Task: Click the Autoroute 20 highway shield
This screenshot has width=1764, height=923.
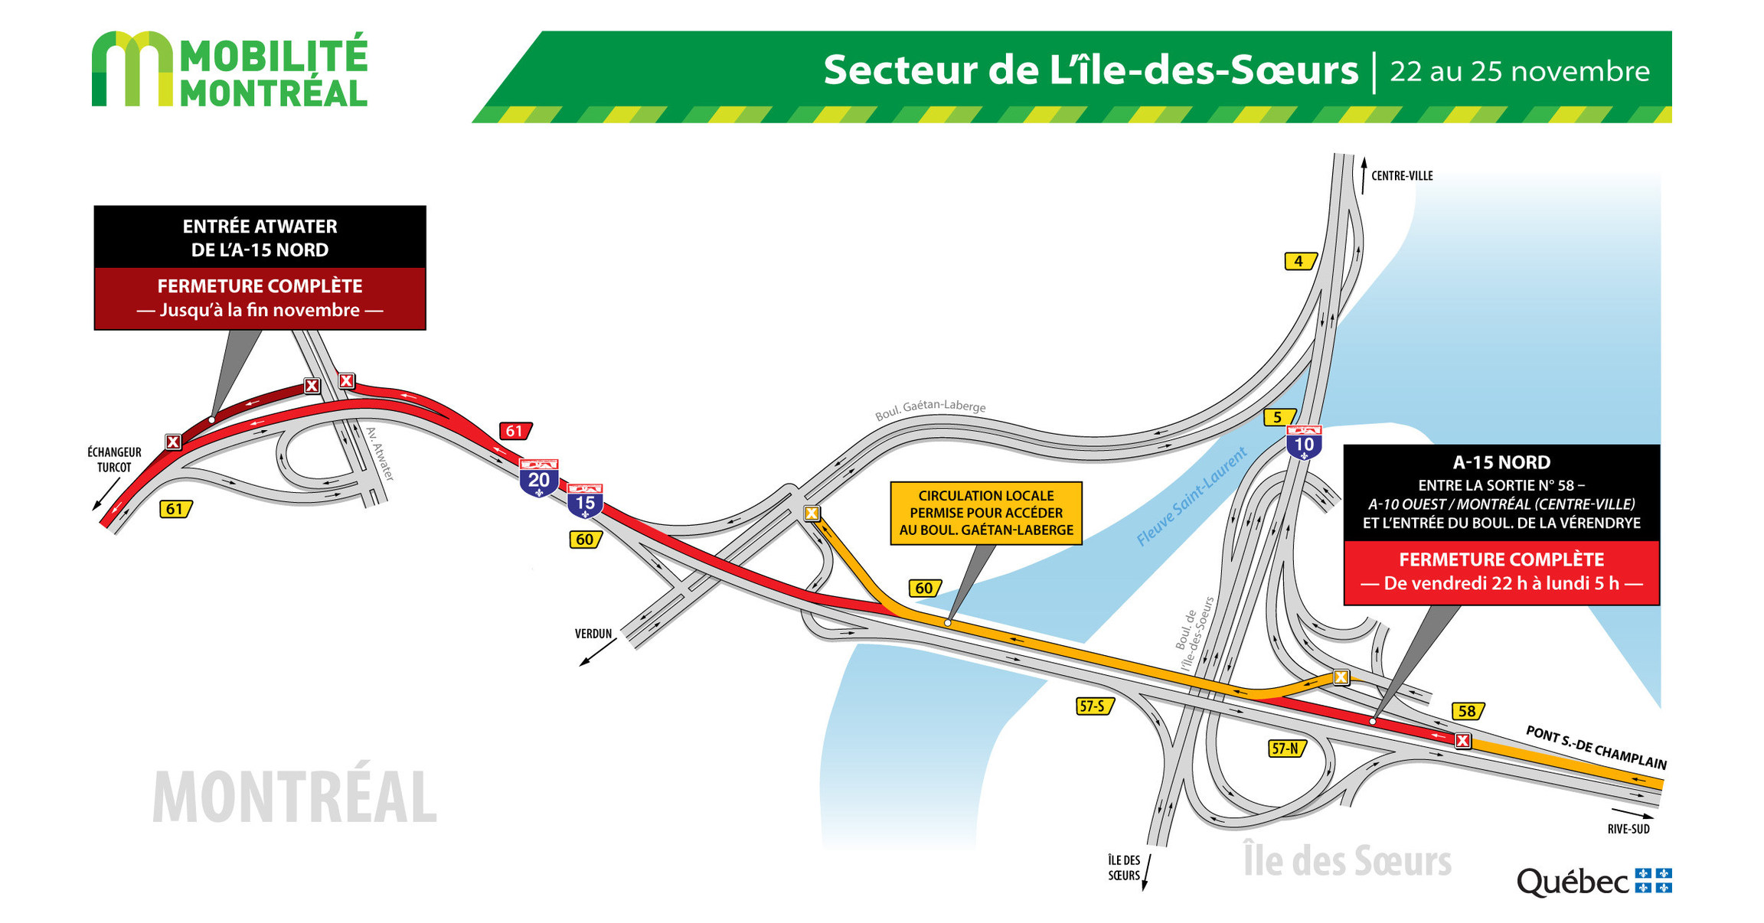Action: click(x=539, y=478)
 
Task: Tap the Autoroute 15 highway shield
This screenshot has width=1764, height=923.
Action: click(x=586, y=501)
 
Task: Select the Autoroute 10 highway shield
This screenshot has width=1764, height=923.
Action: click(x=1304, y=442)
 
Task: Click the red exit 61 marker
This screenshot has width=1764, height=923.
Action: click(x=515, y=431)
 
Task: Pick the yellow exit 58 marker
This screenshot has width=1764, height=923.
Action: click(x=1467, y=711)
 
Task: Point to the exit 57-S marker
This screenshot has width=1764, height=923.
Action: click(x=1093, y=706)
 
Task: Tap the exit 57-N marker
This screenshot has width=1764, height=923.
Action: click(x=1285, y=748)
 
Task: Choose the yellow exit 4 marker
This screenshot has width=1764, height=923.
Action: click(x=1298, y=261)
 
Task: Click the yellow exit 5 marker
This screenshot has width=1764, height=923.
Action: click(x=1277, y=417)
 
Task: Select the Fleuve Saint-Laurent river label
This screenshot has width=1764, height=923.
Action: click(x=1191, y=496)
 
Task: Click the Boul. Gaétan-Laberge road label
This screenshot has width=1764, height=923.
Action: click(x=930, y=409)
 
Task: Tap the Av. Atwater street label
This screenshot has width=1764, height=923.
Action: click(x=380, y=454)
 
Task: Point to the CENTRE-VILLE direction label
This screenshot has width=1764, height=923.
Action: click(x=1401, y=176)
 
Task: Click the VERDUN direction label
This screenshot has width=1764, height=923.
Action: click(x=593, y=634)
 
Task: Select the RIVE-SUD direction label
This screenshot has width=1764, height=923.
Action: click(x=1628, y=829)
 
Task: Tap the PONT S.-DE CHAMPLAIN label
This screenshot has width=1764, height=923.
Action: click(x=1596, y=747)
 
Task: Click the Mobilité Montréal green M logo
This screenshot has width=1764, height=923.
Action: click(x=132, y=69)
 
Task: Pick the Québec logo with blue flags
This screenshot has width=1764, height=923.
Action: click(x=1593, y=882)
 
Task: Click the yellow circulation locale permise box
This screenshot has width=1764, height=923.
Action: click(x=986, y=513)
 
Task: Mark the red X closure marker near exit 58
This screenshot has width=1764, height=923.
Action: click(x=1462, y=740)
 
